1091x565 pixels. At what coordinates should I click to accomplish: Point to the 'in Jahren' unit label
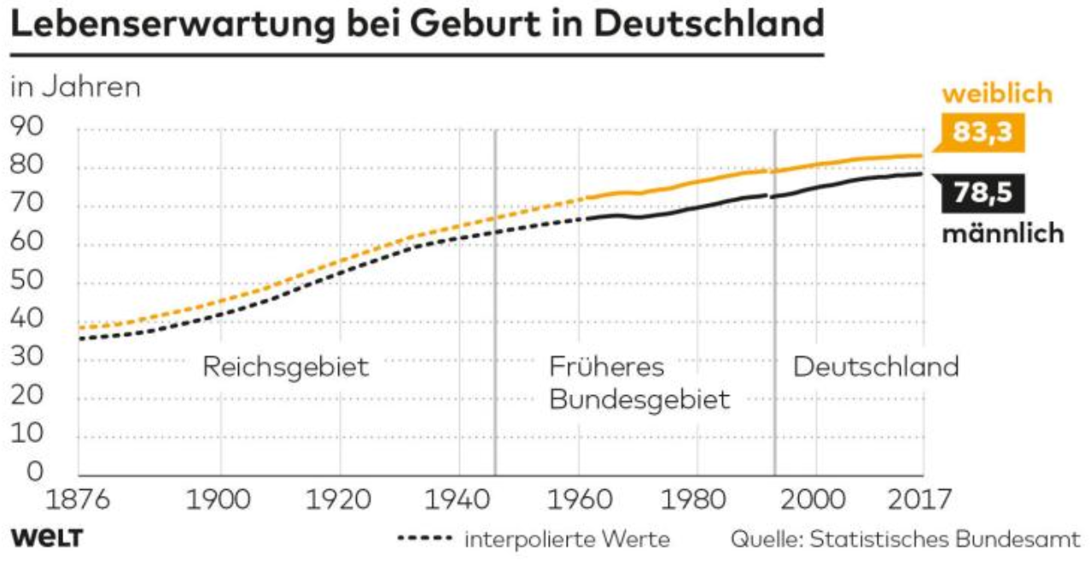[x=74, y=87]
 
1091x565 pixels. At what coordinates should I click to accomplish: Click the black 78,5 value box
[x=982, y=193]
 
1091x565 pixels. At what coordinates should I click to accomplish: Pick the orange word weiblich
[x=996, y=94]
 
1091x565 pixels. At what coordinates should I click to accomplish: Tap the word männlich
[x=1003, y=232]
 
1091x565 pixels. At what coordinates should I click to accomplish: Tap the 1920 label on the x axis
[x=340, y=498]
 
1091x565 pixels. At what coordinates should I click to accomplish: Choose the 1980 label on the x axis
[x=697, y=498]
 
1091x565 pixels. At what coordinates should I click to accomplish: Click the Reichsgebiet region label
[x=286, y=368]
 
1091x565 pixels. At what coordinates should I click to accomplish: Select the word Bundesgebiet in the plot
[x=639, y=399]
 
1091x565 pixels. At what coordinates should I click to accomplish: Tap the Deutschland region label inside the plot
[x=876, y=367]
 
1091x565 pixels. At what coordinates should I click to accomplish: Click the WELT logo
[x=46, y=539]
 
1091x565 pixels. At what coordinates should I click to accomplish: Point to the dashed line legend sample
[x=423, y=539]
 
